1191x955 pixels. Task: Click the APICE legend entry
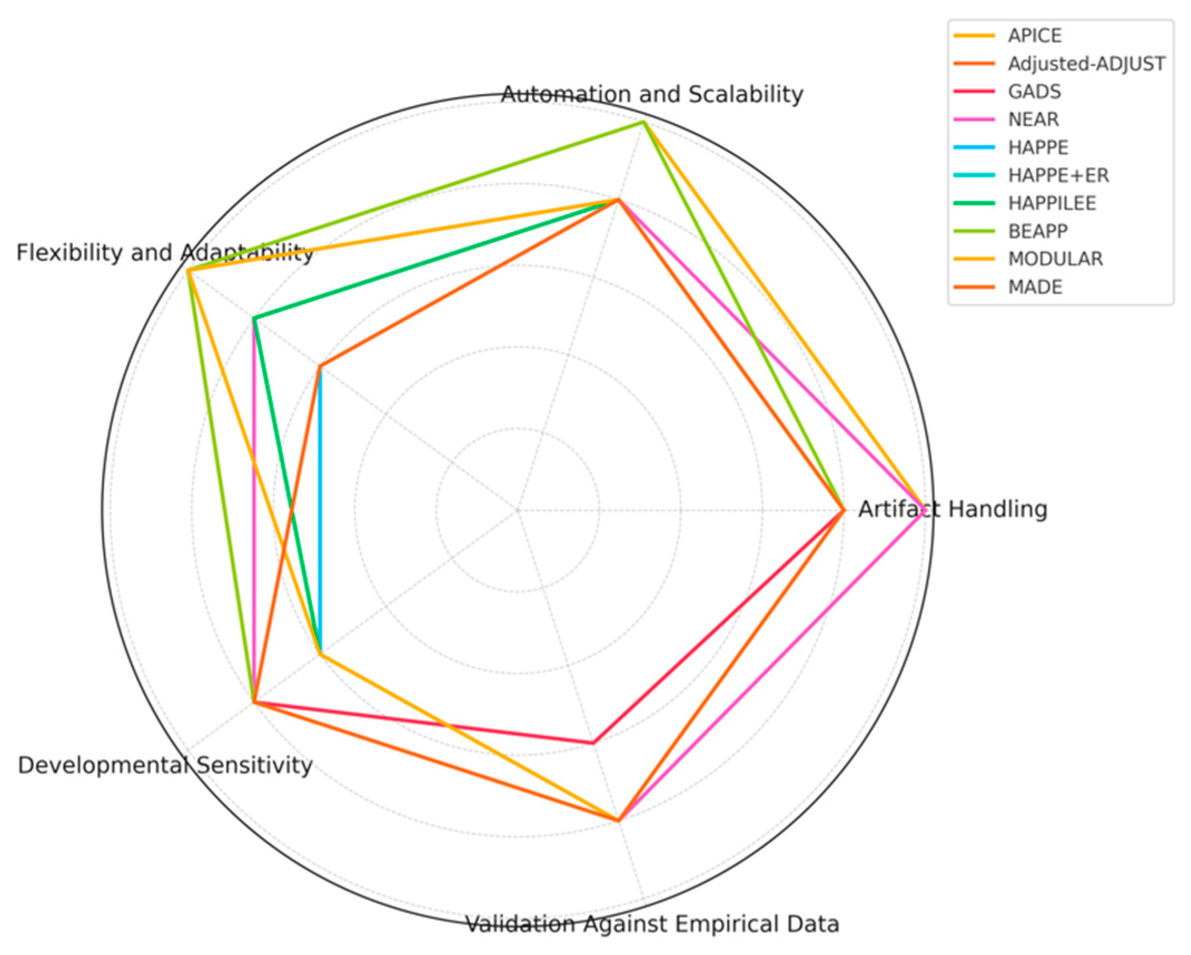pyautogui.click(x=1034, y=36)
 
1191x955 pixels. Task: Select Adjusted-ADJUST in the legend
pyautogui.click(x=1086, y=64)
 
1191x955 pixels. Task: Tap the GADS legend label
pyautogui.click(x=1034, y=91)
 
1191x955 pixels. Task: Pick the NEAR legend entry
pyautogui.click(x=1033, y=119)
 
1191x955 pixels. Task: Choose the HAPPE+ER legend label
pyautogui.click(x=1058, y=175)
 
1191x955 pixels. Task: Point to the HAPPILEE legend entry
pyautogui.click(x=1051, y=203)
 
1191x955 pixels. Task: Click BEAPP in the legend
pyautogui.click(x=1038, y=231)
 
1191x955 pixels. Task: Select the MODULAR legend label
pyautogui.click(x=1055, y=259)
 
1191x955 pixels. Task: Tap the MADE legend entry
pyautogui.click(x=1035, y=287)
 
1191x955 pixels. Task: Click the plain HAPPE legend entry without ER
pyautogui.click(x=1038, y=147)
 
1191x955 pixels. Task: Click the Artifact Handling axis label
pyautogui.click(x=952, y=509)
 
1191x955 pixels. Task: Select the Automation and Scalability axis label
pyautogui.click(x=652, y=94)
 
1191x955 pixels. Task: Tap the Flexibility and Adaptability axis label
pyautogui.click(x=165, y=253)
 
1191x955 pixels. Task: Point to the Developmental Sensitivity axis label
pyautogui.click(x=165, y=765)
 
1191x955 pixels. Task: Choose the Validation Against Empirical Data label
pyautogui.click(x=652, y=924)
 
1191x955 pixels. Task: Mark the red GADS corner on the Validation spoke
pyautogui.click(x=593, y=743)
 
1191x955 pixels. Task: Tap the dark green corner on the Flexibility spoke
pyautogui.click(x=254, y=318)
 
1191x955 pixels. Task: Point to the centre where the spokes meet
pyautogui.click(x=518, y=509)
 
